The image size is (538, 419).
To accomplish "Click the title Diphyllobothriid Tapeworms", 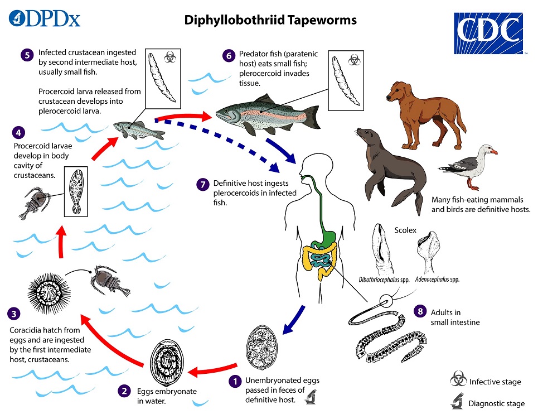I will point(270,21).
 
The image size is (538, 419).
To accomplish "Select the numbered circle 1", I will point(235,381).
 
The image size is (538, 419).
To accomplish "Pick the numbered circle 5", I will point(26,55).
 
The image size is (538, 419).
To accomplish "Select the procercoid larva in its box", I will point(76,190).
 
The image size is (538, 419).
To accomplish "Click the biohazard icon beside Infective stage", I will point(459,381).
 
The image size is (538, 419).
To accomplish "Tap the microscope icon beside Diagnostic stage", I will point(459,402).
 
